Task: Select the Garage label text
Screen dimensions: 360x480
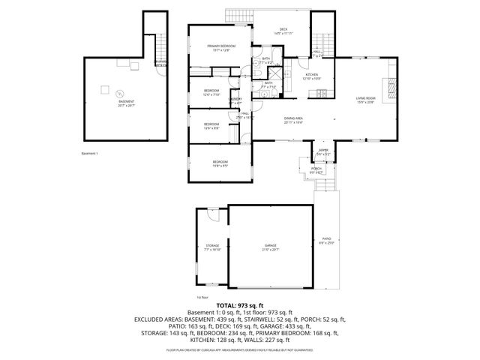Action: coord(271,246)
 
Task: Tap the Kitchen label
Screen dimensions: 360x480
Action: coord(311,75)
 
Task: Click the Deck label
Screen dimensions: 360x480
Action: coord(283,29)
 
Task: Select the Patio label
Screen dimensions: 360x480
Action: coord(325,241)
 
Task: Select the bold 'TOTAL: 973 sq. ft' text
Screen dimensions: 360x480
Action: coord(239,306)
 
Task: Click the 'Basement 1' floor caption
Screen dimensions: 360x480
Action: coord(91,153)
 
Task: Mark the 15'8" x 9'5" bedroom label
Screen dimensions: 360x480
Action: coord(220,163)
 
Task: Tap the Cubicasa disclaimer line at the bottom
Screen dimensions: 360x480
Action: coord(239,349)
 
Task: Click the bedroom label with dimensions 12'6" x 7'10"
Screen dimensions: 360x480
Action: coord(211,93)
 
